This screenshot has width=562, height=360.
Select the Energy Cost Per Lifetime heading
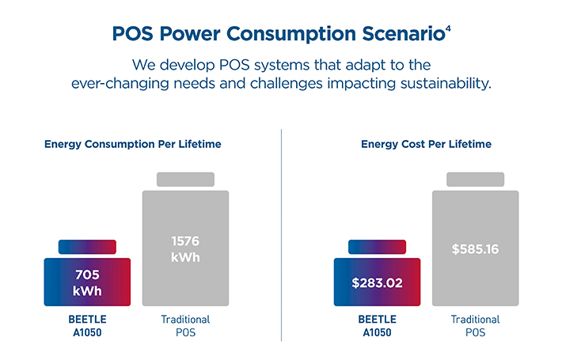pyautogui.click(x=426, y=145)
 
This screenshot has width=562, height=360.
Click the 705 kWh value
pyautogui.click(x=87, y=282)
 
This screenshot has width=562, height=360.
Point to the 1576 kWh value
pyautogui.click(x=186, y=248)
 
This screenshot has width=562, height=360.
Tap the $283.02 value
pyautogui.click(x=377, y=282)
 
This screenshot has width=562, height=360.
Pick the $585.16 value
pyautogui.click(x=476, y=248)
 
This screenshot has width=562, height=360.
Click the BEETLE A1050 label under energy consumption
pyautogui.click(x=87, y=326)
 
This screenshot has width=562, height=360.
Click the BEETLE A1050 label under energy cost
pyautogui.click(x=377, y=326)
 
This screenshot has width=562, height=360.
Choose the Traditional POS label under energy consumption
pyautogui.click(x=186, y=326)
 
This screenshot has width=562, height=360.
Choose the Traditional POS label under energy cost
pyautogui.click(x=476, y=326)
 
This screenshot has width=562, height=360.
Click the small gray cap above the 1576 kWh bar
pyautogui.click(x=186, y=180)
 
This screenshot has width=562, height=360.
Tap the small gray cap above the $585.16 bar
pyautogui.click(x=476, y=180)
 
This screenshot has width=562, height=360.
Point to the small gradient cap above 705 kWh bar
pyautogui.click(x=87, y=247)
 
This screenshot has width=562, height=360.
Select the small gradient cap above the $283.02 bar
pyautogui.click(x=377, y=247)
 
